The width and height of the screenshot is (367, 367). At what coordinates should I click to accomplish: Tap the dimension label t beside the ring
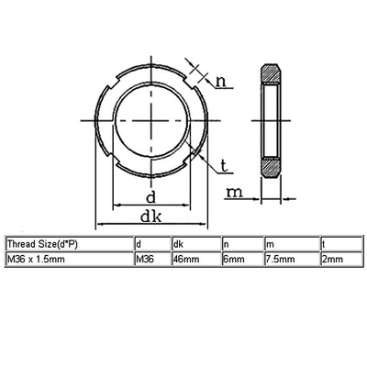(x=223, y=166)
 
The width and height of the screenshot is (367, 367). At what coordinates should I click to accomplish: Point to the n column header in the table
(x=227, y=245)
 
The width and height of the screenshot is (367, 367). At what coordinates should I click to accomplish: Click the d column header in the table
(x=139, y=245)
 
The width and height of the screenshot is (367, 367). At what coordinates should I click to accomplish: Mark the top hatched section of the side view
(x=271, y=75)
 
